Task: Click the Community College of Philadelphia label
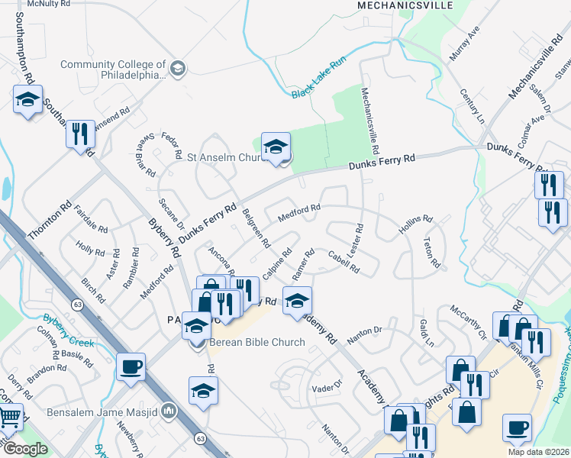pos(113,69)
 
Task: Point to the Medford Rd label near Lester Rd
pos(298,213)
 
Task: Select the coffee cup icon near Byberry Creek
pos(131,366)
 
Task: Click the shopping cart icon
pos(8,418)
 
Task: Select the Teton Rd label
pos(431,253)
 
